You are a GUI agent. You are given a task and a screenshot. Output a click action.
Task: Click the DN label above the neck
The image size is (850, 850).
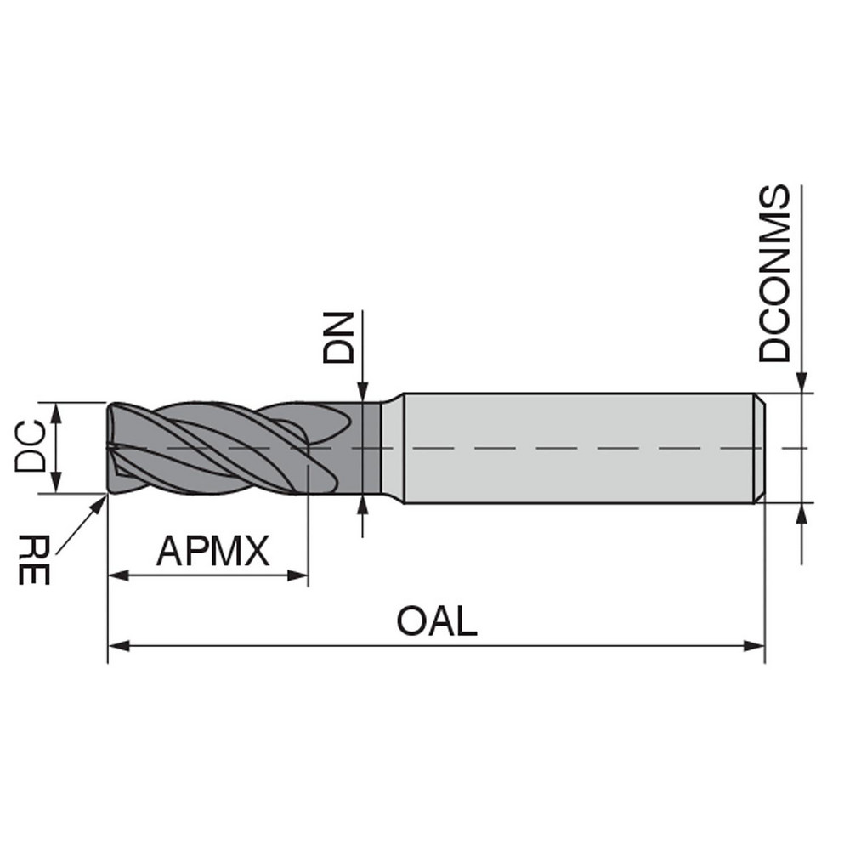click(337, 337)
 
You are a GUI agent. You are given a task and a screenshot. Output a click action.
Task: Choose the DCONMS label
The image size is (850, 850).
click(774, 274)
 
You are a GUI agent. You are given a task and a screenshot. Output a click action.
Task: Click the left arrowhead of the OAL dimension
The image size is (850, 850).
click(117, 646)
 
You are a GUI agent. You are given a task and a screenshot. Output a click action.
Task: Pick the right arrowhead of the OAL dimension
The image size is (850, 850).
click(756, 646)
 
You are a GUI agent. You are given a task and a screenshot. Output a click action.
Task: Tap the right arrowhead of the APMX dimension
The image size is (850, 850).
click(298, 576)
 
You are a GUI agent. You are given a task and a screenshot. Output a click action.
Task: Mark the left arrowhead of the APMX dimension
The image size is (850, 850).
click(117, 576)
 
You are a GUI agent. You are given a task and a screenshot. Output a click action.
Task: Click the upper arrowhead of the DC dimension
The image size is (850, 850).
click(57, 411)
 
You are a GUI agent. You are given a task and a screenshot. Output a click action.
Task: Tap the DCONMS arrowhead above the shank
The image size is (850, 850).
click(802, 384)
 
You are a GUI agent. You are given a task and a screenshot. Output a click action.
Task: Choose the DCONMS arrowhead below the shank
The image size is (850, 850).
click(802, 512)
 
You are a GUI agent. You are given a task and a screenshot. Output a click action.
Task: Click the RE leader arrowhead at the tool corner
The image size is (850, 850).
click(102, 500)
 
